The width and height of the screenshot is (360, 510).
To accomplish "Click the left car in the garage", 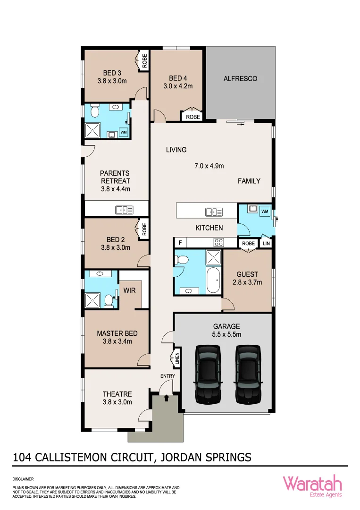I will tap(208, 374).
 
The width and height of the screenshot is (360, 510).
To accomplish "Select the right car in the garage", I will tap(248, 374).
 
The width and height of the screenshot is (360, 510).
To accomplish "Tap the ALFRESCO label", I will tap(240, 79).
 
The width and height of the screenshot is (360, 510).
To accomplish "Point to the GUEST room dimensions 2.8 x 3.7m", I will tap(248, 282).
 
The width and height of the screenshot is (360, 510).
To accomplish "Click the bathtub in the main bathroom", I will tap(213, 281).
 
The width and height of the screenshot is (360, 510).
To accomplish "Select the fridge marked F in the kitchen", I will tap(179, 243).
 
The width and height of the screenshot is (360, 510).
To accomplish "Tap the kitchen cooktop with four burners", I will tap(218, 243).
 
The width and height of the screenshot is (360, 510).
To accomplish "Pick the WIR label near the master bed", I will tap(129, 290).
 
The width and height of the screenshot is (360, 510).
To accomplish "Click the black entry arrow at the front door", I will tap(166, 398).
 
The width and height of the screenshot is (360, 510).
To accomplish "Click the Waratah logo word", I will tap(312, 483).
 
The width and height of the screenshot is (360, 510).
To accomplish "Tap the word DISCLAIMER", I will tap(23, 478).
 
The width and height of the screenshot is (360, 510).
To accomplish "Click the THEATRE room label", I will tap(117, 394).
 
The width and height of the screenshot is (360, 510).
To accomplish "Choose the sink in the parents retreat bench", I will tap(124, 210).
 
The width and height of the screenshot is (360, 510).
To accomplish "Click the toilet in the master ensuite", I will tap(109, 300).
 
